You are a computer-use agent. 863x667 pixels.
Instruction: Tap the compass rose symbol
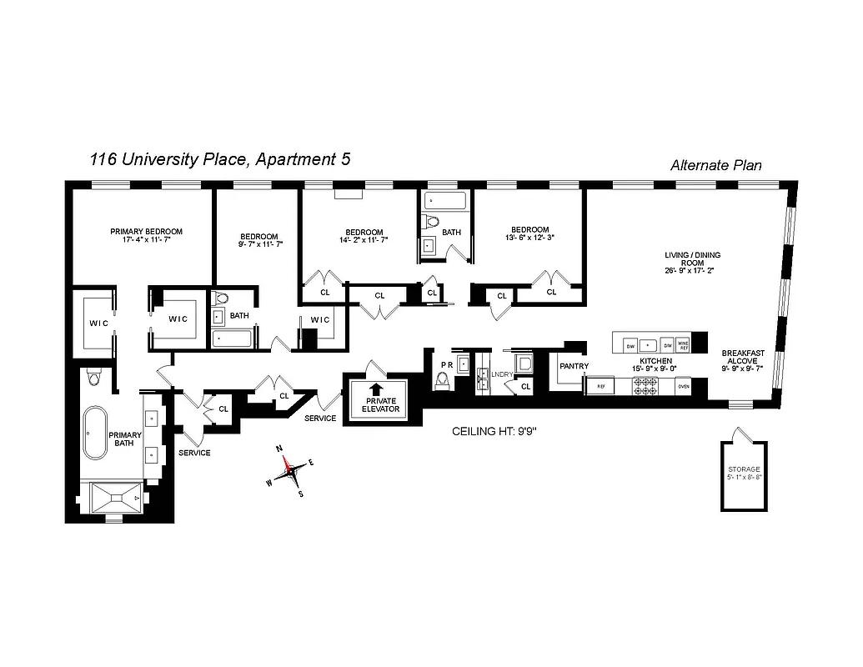click(291, 472)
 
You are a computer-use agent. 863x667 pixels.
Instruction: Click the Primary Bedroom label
click(146, 236)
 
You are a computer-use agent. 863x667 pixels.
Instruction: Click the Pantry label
click(574, 366)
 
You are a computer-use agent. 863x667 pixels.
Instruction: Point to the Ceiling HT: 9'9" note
click(495, 431)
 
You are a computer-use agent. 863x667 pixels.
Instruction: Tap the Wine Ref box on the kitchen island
click(683, 344)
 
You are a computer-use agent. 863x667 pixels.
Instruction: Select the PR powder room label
click(446, 364)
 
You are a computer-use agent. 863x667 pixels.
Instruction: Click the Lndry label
click(501, 375)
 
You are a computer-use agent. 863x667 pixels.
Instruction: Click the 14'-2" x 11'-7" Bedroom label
click(364, 236)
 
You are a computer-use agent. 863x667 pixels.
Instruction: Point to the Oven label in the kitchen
click(683, 386)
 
